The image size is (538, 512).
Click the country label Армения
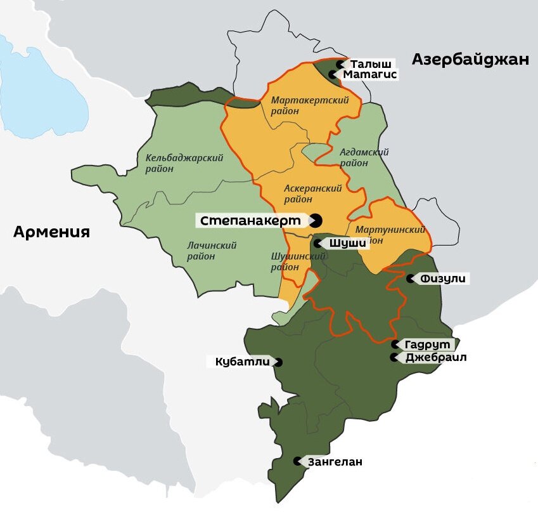(x=51, y=232)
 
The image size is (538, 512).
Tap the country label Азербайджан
(x=470, y=60)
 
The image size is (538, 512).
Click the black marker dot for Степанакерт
(x=315, y=221)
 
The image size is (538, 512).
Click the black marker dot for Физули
(x=411, y=279)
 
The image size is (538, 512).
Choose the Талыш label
(x=370, y=64)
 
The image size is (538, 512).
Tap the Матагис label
(x=369, y=75)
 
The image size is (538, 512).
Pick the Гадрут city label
(x=428, y=345)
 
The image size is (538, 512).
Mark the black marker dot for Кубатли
(x=278, y=362)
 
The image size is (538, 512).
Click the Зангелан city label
(x=335, y=462)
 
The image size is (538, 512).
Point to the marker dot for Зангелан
(x=297, y=462)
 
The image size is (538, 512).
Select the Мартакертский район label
(x=302, y=106)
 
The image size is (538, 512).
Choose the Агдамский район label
(x=364, y=157)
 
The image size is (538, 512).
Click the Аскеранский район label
(x=313, y=194)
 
